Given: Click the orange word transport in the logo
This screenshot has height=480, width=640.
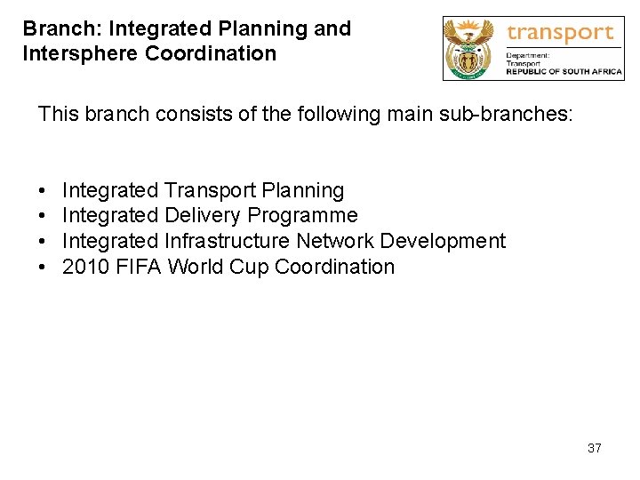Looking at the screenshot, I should click(560, 34).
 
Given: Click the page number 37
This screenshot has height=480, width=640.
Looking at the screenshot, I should click(594, 448).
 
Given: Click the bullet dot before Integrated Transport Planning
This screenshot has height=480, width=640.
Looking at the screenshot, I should click(42, 191).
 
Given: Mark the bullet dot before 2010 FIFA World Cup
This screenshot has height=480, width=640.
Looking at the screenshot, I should click(42, 267).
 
